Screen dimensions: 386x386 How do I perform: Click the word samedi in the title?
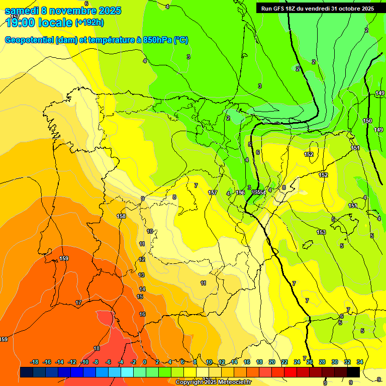tap(22, 11)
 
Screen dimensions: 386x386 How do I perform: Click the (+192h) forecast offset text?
tap(89, 22)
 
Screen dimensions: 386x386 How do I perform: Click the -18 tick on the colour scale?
tap(35, 362)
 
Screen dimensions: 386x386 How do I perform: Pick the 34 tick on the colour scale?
tap(360, 362)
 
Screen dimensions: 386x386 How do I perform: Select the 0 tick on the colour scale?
tap(145, 362)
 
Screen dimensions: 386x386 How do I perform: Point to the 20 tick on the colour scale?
tap(272, 362)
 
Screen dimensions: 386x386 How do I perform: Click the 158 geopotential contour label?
tap(121, 216)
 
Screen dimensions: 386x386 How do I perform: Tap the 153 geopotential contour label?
tap(321, 232)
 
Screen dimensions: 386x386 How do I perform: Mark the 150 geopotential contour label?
tap(367, 121)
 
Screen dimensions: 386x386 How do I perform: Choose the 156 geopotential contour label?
tap(240, 192)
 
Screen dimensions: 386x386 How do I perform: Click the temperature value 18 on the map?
tap(96, 348)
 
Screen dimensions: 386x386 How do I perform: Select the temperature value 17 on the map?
tap(78, 303)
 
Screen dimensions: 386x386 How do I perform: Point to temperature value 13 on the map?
tap(142, 275)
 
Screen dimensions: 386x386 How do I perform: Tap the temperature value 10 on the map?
tap(150, 231)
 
